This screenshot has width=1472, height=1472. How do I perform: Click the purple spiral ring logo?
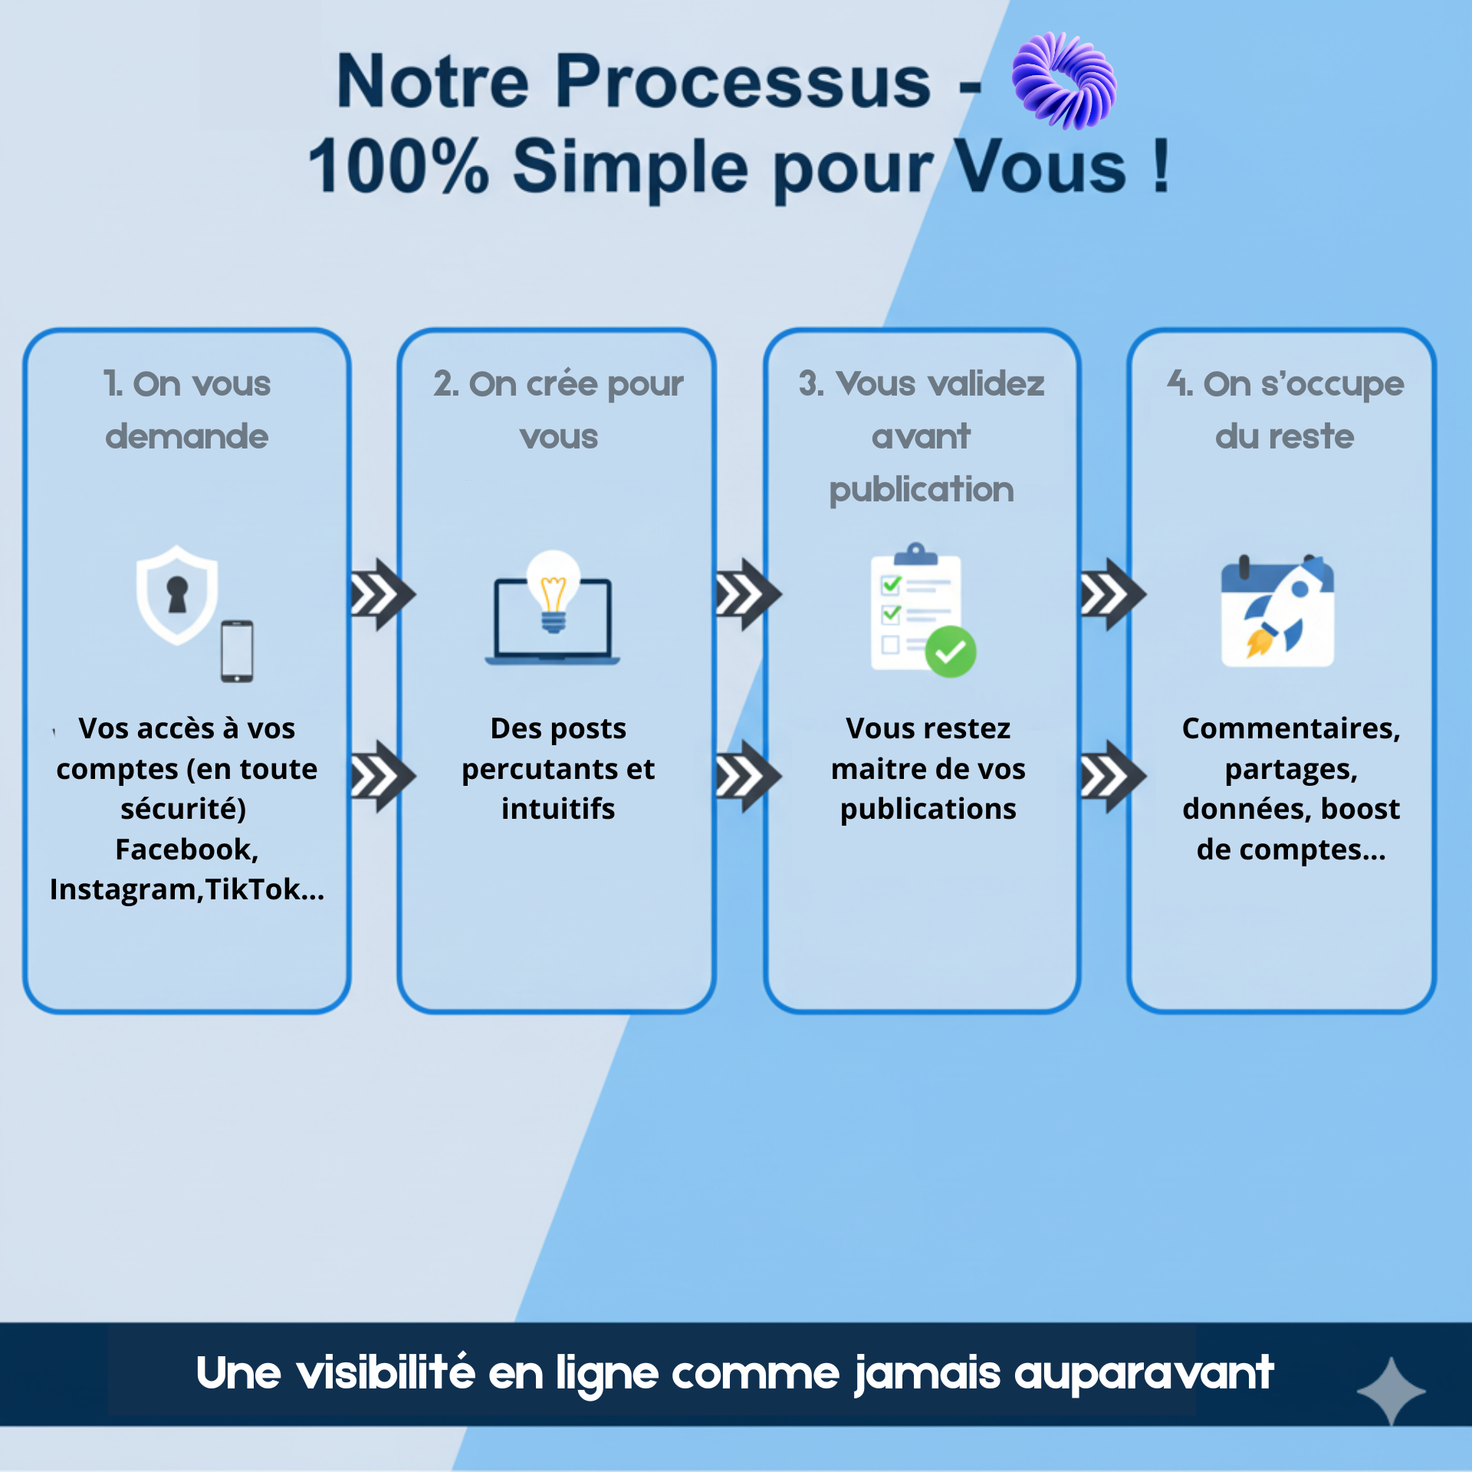coord(1063,80)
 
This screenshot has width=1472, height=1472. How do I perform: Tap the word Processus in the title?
coord(743,82)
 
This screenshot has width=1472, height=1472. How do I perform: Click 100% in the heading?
coord(398,166)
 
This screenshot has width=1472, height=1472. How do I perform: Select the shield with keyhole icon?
coord(177,594)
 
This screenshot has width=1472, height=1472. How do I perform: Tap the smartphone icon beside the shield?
coord(237,651)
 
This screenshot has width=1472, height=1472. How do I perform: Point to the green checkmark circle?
coord(951,652)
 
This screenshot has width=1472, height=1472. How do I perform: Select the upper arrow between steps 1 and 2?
coord(382,594)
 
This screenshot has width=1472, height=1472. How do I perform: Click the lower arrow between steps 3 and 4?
coord(1112,776)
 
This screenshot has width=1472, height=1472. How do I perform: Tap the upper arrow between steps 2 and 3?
coord(747,594)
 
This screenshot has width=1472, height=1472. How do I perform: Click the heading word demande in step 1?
coord(187,436)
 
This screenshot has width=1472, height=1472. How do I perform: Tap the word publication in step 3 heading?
coord(922,490)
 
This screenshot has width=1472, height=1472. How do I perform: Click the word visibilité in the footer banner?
coord(386,1372)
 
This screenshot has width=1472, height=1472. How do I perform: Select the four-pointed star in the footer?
coord(1391,1391)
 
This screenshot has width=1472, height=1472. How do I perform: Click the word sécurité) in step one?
coord(183,809)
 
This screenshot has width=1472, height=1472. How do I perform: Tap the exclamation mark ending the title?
coord(1161,166)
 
